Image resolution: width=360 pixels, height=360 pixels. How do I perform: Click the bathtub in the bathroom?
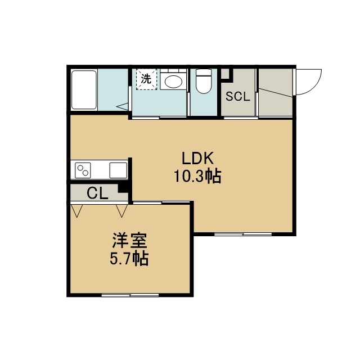pyautogui.click(x=84, y=90)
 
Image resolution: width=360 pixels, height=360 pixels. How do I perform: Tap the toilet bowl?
pyautogui.click(x=204, y=81)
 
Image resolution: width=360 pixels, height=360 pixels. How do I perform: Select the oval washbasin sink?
pyautogui.click(x=174, y=82)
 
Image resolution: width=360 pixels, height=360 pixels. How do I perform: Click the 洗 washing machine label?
pyautogui.click(x=146, y=79)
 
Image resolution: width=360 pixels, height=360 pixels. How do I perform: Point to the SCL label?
pyautogui.click(x=237, y=96)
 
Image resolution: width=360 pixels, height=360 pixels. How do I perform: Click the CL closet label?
pyautogui.click(x=97, y=193)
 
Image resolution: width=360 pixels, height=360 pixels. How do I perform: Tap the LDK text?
pyautogui.click(x=197, y=158)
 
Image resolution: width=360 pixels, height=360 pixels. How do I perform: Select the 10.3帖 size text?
pyautogui.click(x=197, y=176)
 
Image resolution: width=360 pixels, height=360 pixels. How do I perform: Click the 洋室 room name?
pyautogui.click(x=129, y=241)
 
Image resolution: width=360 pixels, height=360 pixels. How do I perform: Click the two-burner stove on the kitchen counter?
pyautogui.click(x=83, y=170)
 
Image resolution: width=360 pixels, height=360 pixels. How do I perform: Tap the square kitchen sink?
pyautogui.click(x=118, y=170)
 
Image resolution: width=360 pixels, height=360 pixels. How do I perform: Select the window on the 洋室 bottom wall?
pyautogui.click(x=130, y=295)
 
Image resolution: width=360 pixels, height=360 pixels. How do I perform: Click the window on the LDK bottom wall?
pyautogui.click(x=243, y=235)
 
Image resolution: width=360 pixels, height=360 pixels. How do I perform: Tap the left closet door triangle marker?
pyautogui.click(x=76, y=211)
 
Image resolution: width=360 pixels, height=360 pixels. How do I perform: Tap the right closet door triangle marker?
pyautogui.click(x=121, y=211)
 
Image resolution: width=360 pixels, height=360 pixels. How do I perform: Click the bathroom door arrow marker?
pyautogui.click(x=123, y=107)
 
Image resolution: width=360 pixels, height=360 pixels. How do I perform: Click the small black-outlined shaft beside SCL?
pyautogui.click(x=226, y=74)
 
